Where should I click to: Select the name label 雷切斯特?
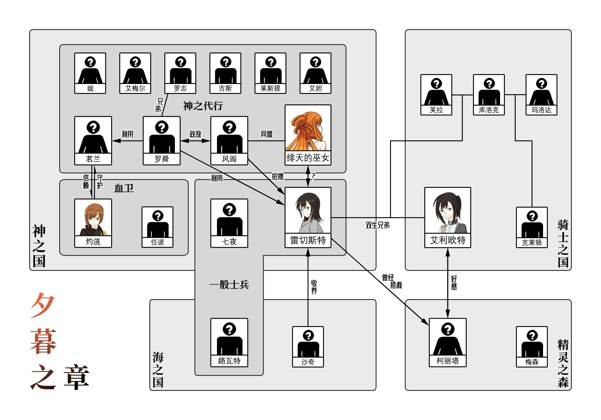pyautogui.click(x=308, y=240)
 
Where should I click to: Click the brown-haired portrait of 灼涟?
pyautogui.click(x=93, y=217)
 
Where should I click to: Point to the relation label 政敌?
pyautogui.click(x=195, y=134)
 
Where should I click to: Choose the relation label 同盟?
pyautogui.click(x=267, y=134)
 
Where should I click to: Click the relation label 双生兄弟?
pyautogui.click(x=377, y=225)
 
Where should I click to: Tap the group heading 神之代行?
pyautogui.click(x=203, y=106)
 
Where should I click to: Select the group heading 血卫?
pyautogui.click(x=124, y=188)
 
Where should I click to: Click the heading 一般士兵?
pyautogui.click(x=229, y=284)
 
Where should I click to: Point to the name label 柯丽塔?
pyautogui.click(x=447, y=361)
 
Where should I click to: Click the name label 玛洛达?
pyautogui.click(x=541, y=110)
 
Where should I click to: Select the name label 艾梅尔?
pyautogui.click(x=135, y=88)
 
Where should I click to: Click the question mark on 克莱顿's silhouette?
pyautogui.click(x=532, y=216)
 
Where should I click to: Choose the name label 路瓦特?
pyautogui.click(x=229, y=361)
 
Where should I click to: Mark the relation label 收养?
pyautogui.click(x=314, y=287)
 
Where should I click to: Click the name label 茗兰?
pyautogui.click(x=93, y=159)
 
